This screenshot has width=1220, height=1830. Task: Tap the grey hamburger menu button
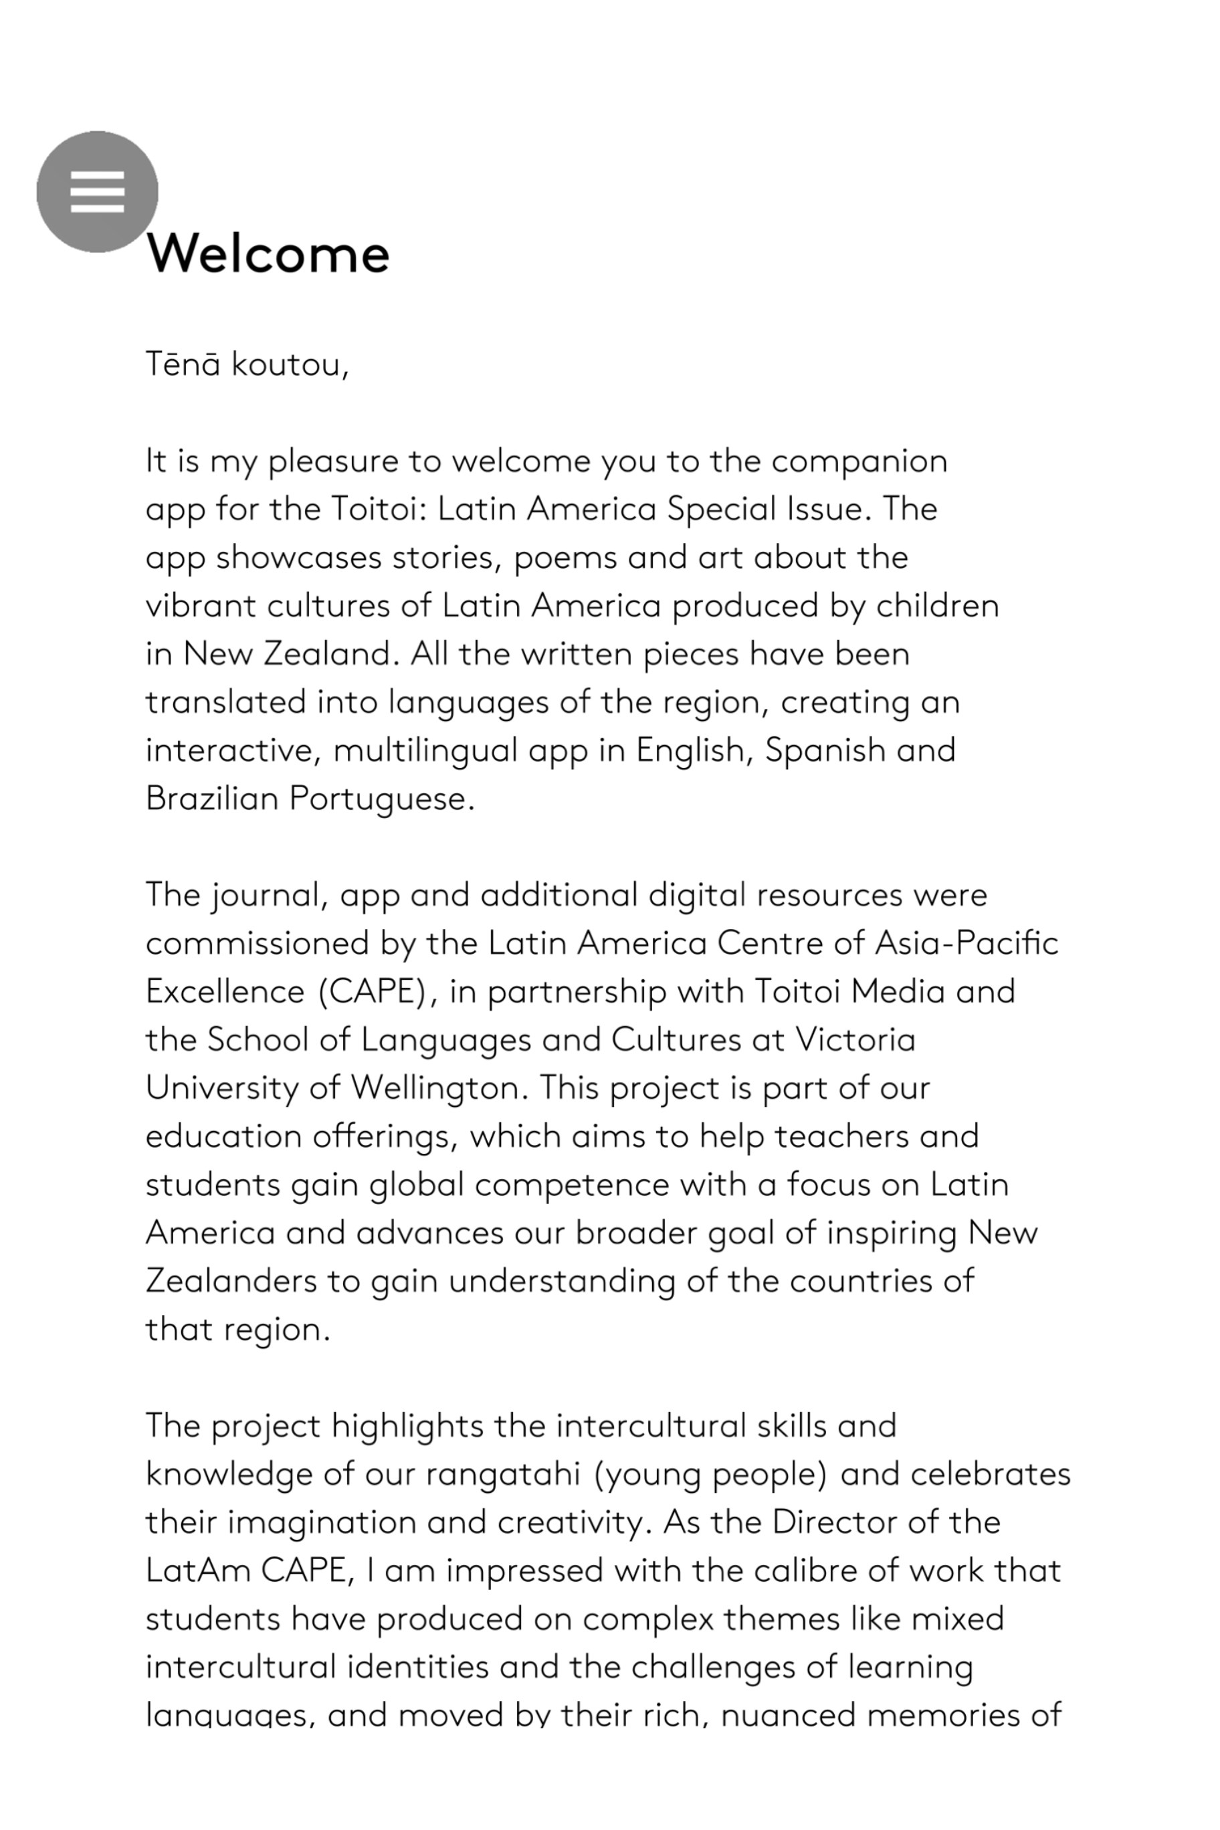point(97,191)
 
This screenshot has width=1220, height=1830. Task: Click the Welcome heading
point(268,253)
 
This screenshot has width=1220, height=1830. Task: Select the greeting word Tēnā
point(183,364)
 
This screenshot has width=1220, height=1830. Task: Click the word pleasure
point(333,462)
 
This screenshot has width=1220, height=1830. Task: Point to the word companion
point(859,462)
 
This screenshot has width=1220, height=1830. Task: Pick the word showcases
point(299,558)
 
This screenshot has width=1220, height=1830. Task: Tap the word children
point(937,606)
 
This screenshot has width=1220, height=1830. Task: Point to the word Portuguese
point(381,799)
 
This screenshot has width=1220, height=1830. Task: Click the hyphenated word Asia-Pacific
point(967,944)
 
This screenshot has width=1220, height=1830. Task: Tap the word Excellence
point(225,992)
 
